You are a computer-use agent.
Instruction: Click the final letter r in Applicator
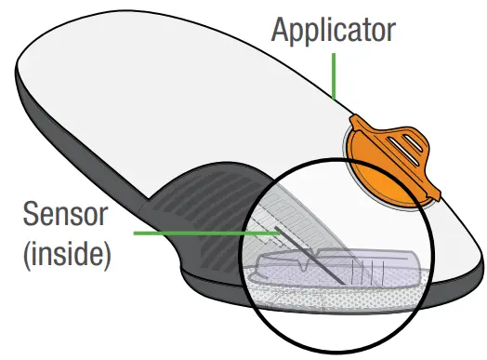pyautogui.click(x=392, y=31)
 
